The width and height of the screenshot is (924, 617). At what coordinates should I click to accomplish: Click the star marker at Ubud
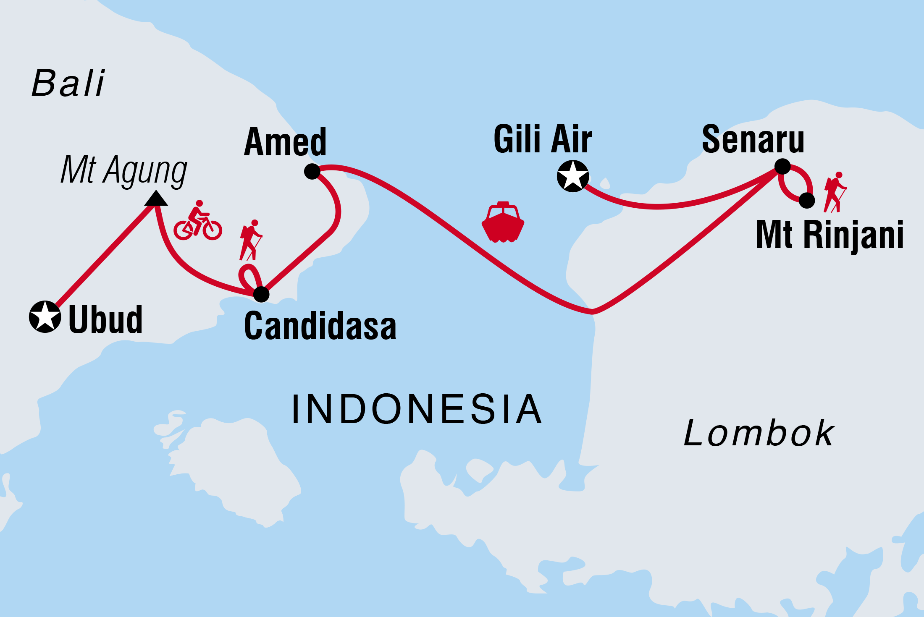(x=45, y=317)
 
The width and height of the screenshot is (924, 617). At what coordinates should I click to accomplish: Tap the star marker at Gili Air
(x=573, y=176)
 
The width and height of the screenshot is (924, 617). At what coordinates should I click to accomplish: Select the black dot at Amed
(x=312, y=171)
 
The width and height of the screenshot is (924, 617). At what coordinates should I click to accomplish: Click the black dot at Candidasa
(x=261, y=294)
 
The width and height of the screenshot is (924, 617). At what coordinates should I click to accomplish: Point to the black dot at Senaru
(x=782, y=167)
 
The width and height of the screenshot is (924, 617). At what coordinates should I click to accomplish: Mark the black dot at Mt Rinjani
(x=806, y=201)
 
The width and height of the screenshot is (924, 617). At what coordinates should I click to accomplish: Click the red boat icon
(x=503, y=222)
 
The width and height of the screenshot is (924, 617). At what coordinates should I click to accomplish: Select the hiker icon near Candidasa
(x=251, y=240)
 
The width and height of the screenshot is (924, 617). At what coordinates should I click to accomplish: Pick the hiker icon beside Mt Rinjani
(x=835, y=192)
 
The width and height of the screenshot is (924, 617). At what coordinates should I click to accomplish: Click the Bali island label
(x=68, y=83)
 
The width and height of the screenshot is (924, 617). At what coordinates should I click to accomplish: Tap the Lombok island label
(x=759, y=433)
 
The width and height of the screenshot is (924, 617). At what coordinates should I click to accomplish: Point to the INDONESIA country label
(x=416, y=409)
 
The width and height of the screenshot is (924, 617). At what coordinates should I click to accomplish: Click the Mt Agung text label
(x=123, y=170)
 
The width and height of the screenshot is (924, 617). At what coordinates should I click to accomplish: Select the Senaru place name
(x=753, y=139)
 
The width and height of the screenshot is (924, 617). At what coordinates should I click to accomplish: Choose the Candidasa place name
(x=320, y=326)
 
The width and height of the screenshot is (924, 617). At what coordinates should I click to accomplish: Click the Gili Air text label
(x=542, y=139)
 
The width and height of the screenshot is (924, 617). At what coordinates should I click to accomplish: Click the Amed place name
(x=285, y=142)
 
